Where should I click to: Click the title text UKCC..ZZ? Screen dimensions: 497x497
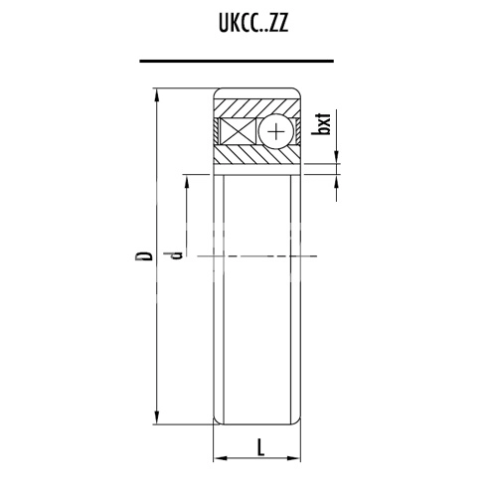(x=249, y=25)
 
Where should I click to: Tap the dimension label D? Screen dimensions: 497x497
(x=144, y=256)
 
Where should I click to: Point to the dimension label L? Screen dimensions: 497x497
(x=259, y=446)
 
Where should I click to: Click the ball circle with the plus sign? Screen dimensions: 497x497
(x=275, y=131)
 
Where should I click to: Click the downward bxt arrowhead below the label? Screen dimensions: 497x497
(x=338, y=158)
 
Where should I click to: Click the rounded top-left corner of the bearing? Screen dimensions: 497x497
(x=218, y=94)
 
